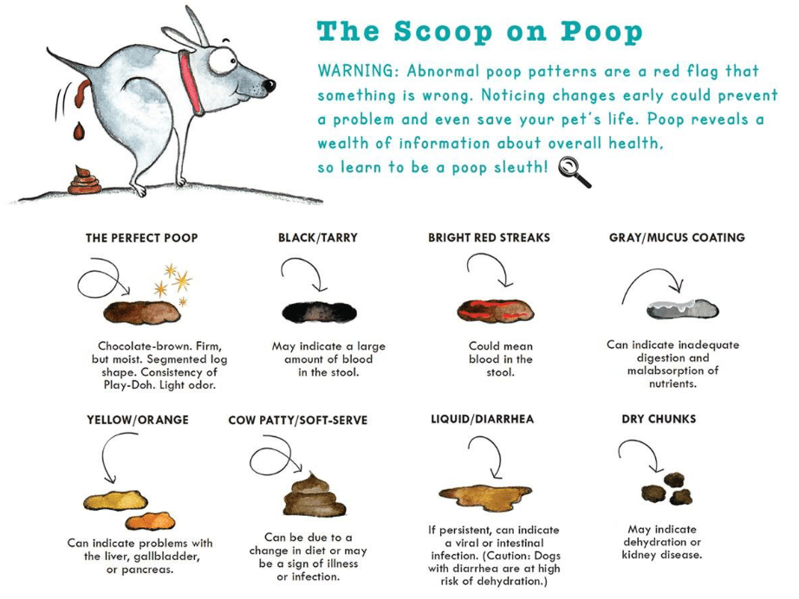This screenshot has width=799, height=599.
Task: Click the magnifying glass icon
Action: click(574, 171)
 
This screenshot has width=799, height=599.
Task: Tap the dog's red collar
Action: click(190, 83)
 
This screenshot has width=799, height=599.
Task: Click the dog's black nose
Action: click(270, 86)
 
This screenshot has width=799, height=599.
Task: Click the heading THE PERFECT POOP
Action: click(141, 237)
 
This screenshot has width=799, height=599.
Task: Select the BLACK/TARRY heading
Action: click(317, 237)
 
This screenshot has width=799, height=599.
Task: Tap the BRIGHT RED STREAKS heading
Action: click(489, 237)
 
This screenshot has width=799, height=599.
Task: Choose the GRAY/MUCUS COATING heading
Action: click(677, 237)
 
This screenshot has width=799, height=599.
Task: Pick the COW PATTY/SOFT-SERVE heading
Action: click(298, 420)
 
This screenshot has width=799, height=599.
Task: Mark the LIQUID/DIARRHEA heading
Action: click(482, 419)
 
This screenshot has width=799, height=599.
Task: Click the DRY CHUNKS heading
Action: click(659, 419)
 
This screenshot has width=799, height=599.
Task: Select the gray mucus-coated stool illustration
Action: click(681, 308)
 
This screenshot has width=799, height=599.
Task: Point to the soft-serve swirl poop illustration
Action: click(314, 496)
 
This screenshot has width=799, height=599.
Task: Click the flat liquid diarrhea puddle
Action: click(484, 493)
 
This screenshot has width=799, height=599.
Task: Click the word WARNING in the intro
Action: click(354, 71)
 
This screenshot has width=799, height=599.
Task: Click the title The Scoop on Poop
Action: click(480, 31)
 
